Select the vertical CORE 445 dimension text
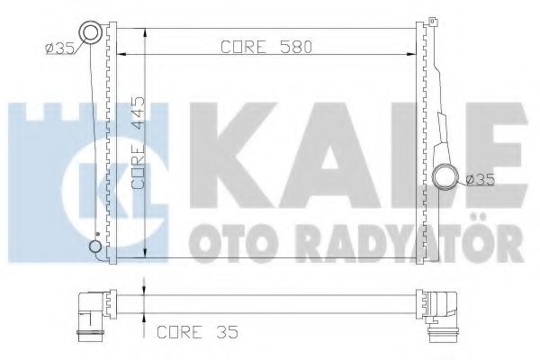tap(139, 142)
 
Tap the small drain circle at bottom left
tap(94, 247)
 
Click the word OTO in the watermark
tap(221, 242)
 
